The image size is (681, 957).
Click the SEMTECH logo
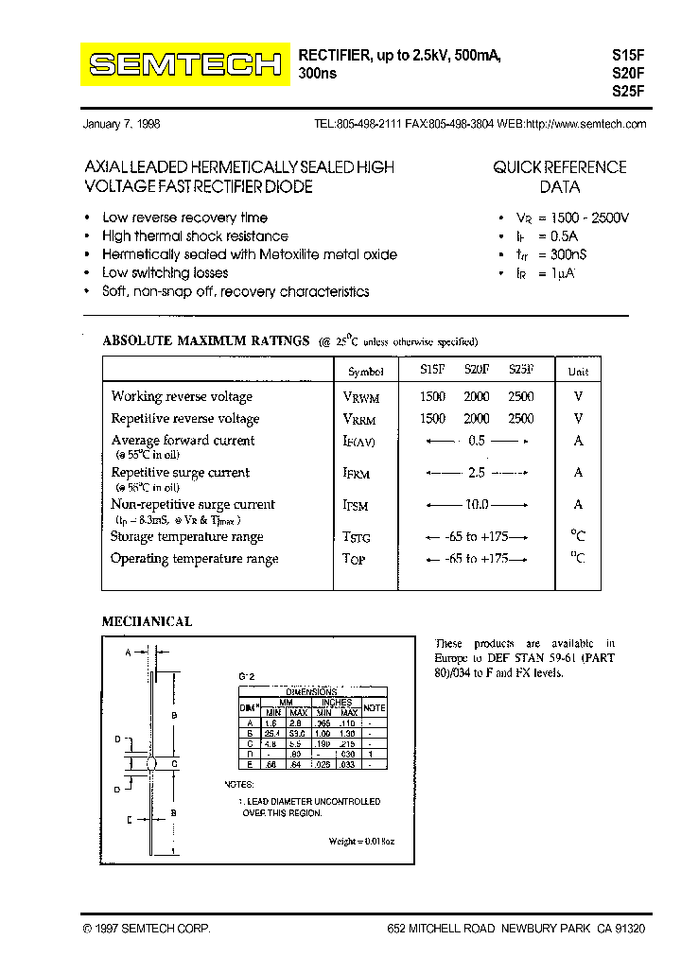184,65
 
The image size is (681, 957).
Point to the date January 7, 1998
122,124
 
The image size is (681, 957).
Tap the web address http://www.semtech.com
585,124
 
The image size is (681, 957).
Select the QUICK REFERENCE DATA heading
559,177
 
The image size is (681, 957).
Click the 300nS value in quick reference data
568,254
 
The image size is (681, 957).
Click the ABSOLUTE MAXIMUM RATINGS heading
205,340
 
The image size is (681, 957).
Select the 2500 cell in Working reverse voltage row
520,397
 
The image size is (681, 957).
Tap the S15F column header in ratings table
432,371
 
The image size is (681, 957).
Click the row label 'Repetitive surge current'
180,473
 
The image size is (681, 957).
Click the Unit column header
578,372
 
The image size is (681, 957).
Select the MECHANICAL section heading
147,621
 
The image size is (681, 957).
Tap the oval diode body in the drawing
150,763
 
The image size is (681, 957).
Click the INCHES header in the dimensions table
336,703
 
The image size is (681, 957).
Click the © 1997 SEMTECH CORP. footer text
147,930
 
